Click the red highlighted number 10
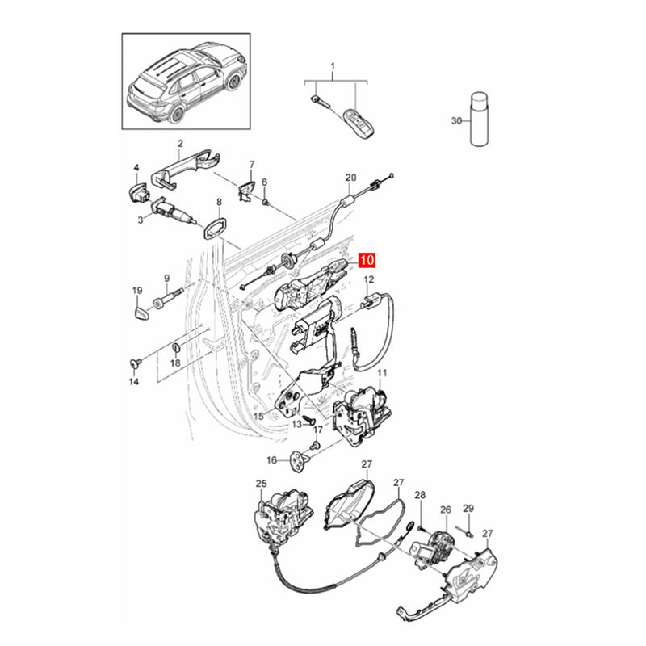point(367,260)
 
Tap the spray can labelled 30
point(478,118)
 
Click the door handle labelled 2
point(186,169)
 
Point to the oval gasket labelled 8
point(215,229)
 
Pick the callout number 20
point(350,178)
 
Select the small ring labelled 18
point(175,348)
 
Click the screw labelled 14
point(136,363)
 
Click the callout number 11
point(382,373)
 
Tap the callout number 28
point(420,495)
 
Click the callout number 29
point(468,509)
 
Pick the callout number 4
point(136,168)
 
